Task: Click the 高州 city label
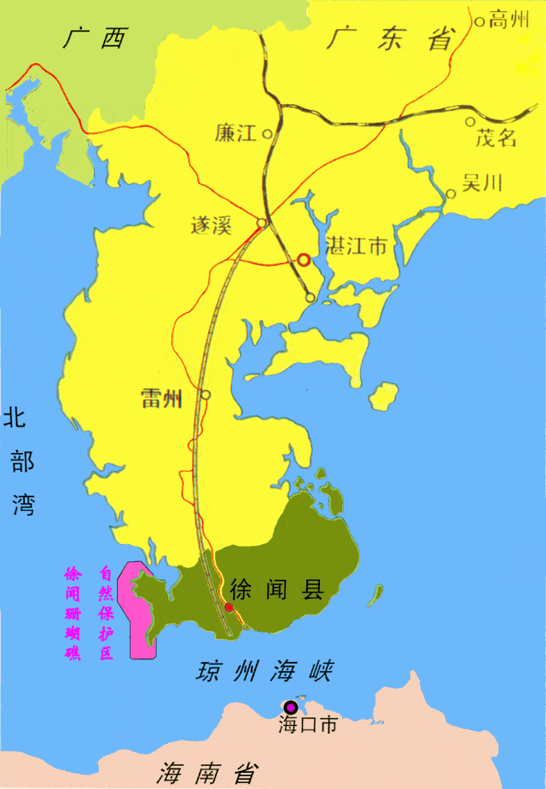pos(509,21)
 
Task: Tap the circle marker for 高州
pos(480,21)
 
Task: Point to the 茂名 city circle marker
pos(470,122)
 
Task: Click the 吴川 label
pos(482,182)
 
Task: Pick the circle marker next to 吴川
pos(450,194)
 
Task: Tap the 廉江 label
pos(235,133)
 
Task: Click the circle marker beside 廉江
pos(267,134)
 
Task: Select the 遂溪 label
pos(212,225)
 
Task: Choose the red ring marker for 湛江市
pos(304,259)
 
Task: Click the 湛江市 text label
pos(357,247)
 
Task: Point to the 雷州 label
pos(162,398)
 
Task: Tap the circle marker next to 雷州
pos(206,395)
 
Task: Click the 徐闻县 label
pos(277,589)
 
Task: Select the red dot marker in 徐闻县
pos(229,606)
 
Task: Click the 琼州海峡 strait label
pos(264,671)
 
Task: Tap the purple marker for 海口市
pos(291,707)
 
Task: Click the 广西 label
pos(94,38)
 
